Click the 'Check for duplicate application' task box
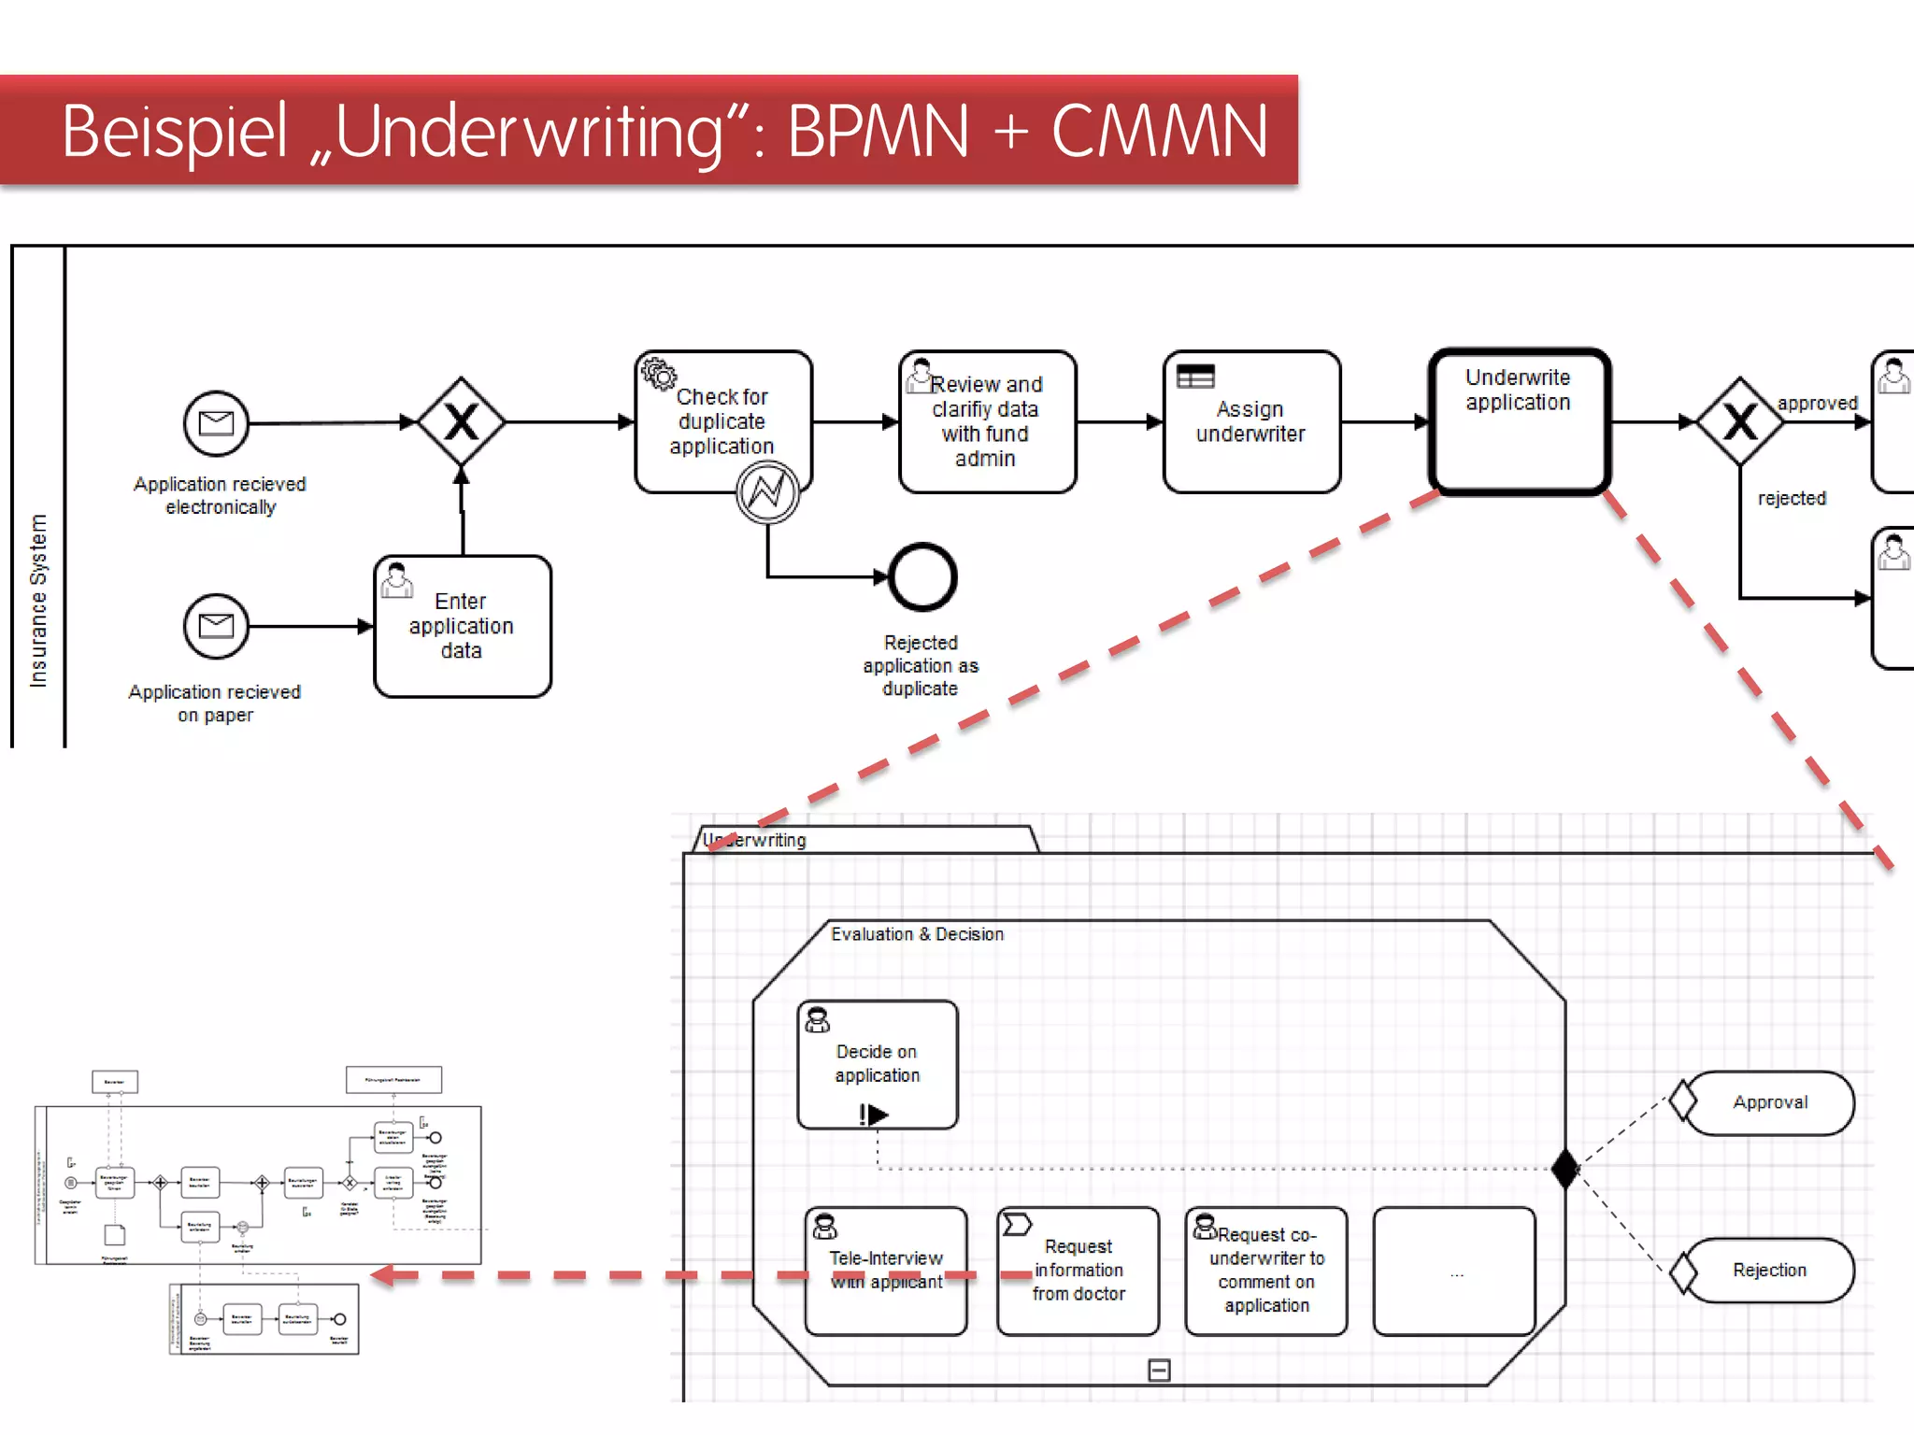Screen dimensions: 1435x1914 point(722,420)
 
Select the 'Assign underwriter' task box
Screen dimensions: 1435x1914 point(1251,421)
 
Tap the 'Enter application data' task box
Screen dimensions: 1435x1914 point(462,626)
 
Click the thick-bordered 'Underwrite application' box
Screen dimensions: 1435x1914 point(1519,421)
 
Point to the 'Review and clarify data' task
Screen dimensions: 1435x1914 point(987,421)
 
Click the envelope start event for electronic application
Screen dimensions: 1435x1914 point(216,423)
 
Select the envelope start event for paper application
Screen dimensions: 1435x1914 point(216,626)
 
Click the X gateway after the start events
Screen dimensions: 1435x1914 point(462,422)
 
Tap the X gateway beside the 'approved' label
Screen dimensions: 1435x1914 point(1740,422)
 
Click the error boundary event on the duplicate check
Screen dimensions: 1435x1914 point(767,491)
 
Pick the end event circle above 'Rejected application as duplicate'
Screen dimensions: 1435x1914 point(922,576)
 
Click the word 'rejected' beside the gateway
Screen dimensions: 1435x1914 point(1792,498)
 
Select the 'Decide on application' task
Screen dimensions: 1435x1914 point(877,1064)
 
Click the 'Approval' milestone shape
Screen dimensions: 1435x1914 point(1768,1102)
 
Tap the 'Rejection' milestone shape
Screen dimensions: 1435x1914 point(1768,1271)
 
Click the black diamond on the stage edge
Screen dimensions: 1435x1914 point(1564,1168)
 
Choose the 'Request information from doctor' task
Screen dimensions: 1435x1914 point(1078,1271)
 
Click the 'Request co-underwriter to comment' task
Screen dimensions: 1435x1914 point(1266,1271)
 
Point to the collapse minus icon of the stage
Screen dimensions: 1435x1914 point(1159,1371)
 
